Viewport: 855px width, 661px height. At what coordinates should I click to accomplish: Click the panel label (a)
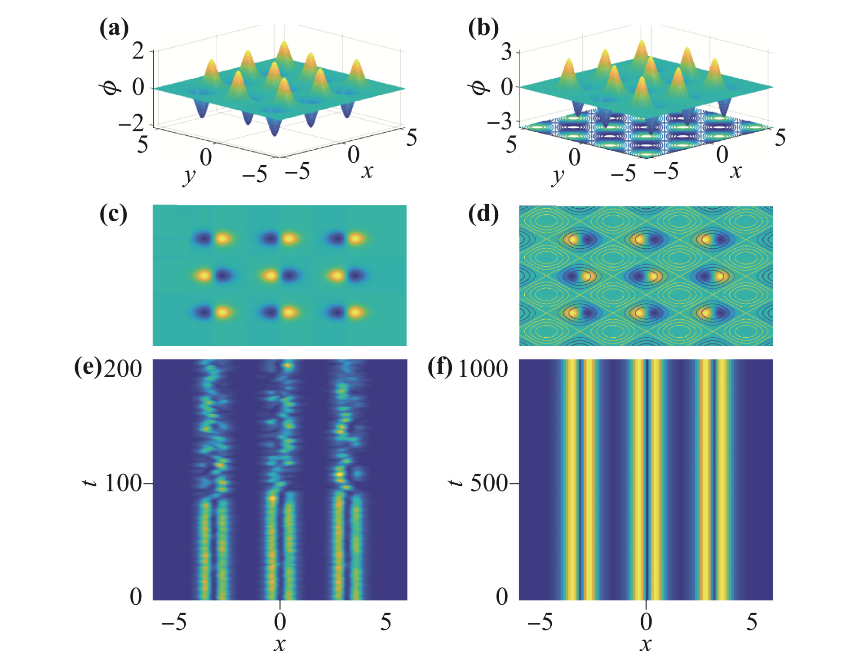coord(114,28)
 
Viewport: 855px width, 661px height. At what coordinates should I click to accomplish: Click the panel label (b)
coord(483,28)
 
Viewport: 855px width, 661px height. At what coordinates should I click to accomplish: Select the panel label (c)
coord(113,214)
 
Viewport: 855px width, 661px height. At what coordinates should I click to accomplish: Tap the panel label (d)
coord(483,214)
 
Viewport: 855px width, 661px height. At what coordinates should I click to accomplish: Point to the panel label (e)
coord(88,367)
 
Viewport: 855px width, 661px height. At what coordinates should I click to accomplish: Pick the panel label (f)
coord(440,367)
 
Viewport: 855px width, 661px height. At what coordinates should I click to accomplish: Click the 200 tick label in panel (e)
coord(123,369)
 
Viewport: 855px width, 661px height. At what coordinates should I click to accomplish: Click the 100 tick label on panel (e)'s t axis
coord(123,484)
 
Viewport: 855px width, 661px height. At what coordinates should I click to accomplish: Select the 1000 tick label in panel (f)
coord(483,369)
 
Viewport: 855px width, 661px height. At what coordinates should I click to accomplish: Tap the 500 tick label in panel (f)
coord(489,484)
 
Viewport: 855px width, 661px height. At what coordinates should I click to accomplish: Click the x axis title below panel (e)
coord(279,644)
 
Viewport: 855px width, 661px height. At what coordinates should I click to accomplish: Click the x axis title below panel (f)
coord(646,644)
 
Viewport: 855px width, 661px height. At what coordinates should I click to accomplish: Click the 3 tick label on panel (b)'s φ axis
coord(506,53)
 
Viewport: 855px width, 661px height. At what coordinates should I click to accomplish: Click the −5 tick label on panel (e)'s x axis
coord(174,622)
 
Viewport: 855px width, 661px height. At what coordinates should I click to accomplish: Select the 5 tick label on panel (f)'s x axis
coord(752,622)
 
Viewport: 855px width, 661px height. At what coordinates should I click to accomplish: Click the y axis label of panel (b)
coord(558,176)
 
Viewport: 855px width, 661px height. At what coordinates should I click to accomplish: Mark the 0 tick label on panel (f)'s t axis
coord(502,597)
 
